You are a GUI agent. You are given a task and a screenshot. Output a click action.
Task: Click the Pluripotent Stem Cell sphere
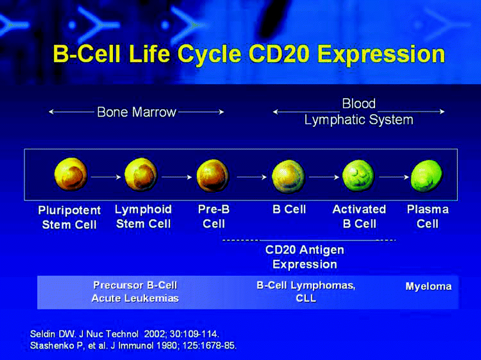(x=71, y=174)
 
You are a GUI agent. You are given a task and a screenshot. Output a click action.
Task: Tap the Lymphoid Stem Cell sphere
(x=141, y=174)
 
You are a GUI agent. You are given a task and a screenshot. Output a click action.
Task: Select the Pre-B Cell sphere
(x=213, y=175)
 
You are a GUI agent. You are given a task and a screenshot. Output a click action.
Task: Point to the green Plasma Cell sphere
(x=427, y=176)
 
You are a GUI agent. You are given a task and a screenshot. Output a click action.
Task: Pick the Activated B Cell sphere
(x=359, y=176)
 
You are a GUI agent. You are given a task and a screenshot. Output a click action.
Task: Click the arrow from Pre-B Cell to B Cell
(x=251, y=177)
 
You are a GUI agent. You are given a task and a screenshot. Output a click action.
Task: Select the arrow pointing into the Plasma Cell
(x=394, y=177)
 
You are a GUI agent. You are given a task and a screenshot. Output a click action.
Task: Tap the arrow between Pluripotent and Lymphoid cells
(x=106, y=177)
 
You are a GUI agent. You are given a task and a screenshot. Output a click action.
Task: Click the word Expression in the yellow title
(x=381, y=54)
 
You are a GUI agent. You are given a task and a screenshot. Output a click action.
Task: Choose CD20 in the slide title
(x=279, y=54)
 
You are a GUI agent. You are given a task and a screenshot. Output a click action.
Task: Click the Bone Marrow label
(x=137, y=112)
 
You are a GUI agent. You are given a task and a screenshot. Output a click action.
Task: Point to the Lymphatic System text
(x=359, y=120)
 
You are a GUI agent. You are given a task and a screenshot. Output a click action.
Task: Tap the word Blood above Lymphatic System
(x=359, y=103)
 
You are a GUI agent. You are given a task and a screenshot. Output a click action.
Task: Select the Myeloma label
(x=428, y=287)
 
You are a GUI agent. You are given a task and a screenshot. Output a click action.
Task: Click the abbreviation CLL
(x=306, y=299)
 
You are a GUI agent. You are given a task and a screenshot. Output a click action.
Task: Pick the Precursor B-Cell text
(x=135, y=286)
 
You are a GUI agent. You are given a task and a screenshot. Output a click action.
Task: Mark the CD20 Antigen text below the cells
(x=305, y=250)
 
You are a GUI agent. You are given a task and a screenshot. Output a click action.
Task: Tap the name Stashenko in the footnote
(x=48, y=346)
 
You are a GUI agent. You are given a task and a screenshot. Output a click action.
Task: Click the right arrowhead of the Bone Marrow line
(x=222, y=112)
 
